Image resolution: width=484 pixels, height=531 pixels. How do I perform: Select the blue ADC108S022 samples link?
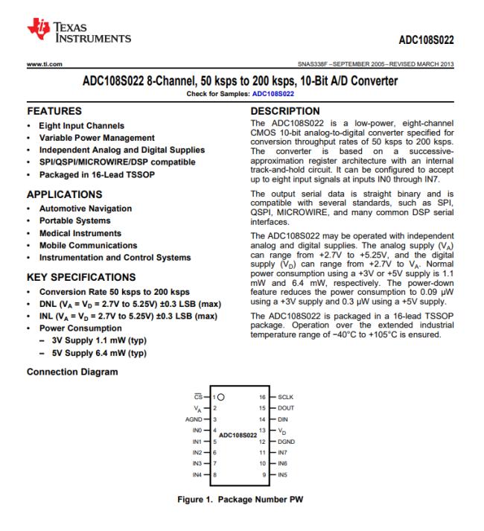[273, 94]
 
